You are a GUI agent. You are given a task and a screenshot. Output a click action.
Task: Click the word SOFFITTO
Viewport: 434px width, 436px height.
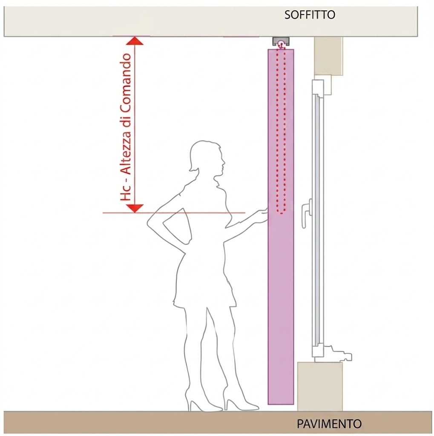coord(310,15)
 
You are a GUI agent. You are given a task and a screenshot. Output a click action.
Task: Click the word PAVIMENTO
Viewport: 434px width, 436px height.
coord(329,424)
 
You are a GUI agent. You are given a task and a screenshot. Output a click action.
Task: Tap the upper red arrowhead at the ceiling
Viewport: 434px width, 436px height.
coord(135,40)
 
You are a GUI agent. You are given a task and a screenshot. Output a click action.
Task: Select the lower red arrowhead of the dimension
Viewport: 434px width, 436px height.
coord(135,208)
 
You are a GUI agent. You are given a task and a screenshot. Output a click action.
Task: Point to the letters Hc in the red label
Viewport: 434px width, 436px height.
coord(126,193)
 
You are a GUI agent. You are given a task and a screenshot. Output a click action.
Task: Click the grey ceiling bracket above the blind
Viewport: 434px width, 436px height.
coord(281,41)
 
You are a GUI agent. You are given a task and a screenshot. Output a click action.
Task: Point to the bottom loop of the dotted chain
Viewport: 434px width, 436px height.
coord(281,211)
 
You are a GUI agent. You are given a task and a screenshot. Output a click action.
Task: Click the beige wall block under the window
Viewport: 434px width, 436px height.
coord(320,387)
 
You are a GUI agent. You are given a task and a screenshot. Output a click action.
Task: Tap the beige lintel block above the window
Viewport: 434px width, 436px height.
coord(328,56)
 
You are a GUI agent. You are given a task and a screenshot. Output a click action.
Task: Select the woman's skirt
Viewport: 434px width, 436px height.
coord(204,281)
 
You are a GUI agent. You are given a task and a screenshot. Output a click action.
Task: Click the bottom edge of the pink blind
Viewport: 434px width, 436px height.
coord(281,404)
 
